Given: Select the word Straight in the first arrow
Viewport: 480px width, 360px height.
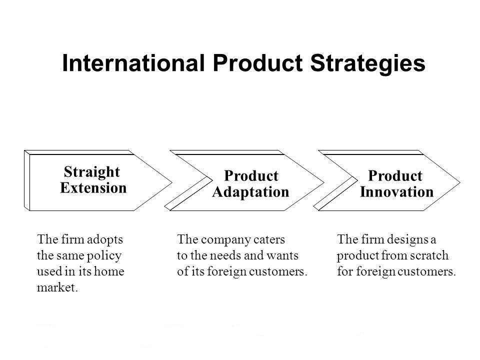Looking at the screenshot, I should (92, 172).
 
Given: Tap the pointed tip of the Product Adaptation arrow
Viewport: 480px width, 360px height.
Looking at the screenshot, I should (323, 180).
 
